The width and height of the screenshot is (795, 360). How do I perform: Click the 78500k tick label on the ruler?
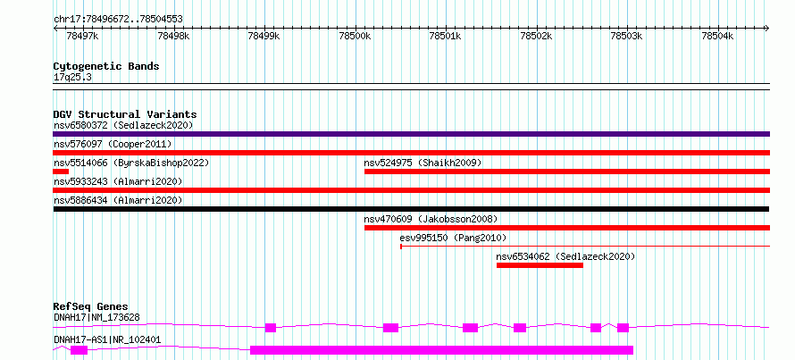(355, 36)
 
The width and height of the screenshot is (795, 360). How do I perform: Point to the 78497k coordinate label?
(83, 36)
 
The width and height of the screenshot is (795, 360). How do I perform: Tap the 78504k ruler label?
(717, 36)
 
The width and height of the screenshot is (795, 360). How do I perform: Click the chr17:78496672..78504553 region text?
(118, 20)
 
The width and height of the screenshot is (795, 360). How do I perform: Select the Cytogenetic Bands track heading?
(106, 66)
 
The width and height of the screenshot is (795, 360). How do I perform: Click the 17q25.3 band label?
(72, 78)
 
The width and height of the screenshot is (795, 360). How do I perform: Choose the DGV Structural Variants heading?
(125, 114)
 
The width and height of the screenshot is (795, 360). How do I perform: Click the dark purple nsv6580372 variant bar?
(411, 134)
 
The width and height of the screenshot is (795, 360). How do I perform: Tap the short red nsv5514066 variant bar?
(61, 172)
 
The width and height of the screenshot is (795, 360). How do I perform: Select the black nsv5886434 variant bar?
(411, 209)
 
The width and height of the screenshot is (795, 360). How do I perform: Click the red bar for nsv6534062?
(540, 265)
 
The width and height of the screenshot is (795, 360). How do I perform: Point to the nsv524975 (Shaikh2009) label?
(423, 163)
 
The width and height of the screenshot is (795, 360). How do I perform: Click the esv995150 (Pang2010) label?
(453, 238)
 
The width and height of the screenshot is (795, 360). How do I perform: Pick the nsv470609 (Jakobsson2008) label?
(431, 219)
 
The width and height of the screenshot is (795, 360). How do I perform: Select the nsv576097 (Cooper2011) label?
(113, 144)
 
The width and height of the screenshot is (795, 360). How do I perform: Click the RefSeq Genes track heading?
(91, 306)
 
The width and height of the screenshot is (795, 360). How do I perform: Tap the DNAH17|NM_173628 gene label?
(96, 318)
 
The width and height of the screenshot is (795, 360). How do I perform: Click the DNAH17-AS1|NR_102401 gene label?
(107, 339)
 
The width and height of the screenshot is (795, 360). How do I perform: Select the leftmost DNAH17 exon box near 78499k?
(271, 328)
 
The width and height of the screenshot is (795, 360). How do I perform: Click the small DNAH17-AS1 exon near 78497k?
(79, 350)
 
